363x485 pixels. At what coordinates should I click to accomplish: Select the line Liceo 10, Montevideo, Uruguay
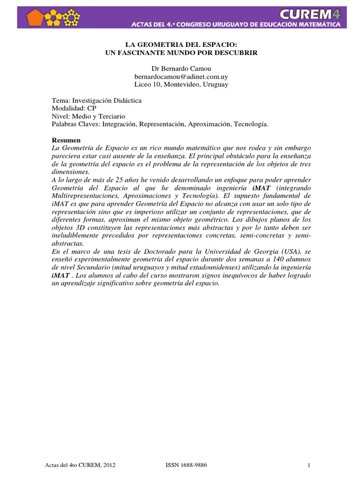coord(181,84)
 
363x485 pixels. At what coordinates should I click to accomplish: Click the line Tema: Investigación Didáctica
coord(96,100)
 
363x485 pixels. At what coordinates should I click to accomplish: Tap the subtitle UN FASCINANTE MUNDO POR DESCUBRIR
coord(181,53)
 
